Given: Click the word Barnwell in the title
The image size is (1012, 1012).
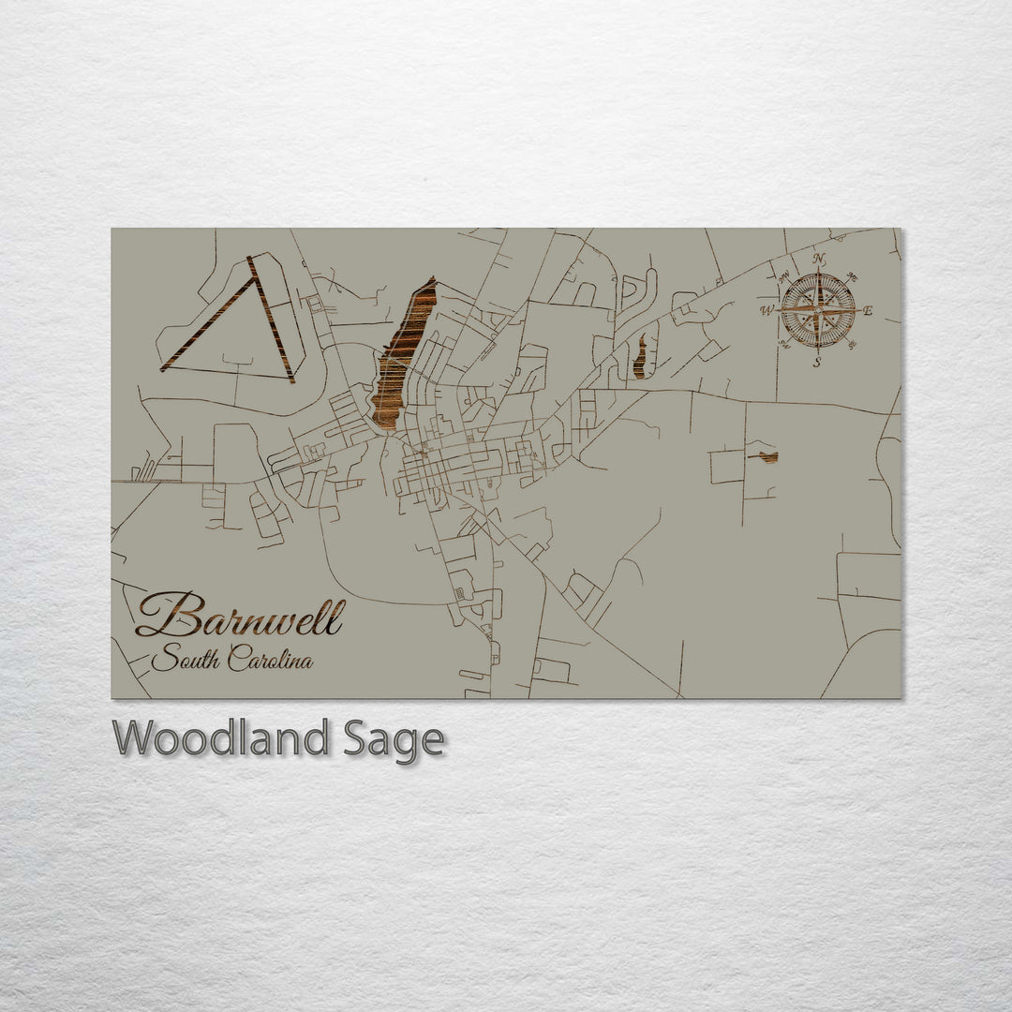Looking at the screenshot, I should pos(240,617).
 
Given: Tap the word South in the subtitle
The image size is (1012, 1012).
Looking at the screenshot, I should pos(184,660).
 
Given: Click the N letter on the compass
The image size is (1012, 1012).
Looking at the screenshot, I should pos(819,260).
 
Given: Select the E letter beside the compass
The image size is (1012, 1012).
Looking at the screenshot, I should pos(868,310).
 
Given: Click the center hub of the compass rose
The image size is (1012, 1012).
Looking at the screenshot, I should pos(818,310).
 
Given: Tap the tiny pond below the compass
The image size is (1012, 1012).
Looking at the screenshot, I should pos(768,457).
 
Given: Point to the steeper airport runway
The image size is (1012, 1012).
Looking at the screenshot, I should pos(272,319).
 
